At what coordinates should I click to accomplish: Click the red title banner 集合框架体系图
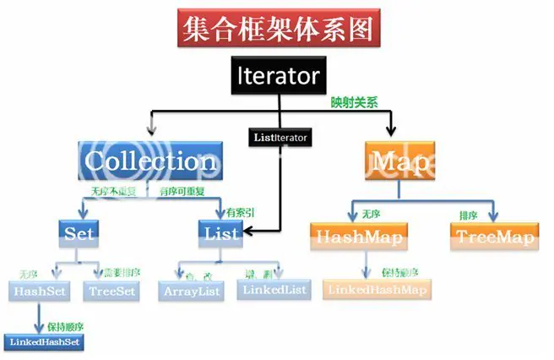click(276, 29)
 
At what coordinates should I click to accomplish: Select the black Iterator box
click(277, 77)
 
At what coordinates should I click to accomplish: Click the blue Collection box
click(152, 160)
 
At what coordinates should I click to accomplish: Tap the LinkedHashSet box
click(46, 341)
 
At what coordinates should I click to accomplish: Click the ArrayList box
click(190, 290)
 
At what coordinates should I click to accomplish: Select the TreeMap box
click(495, 237)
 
